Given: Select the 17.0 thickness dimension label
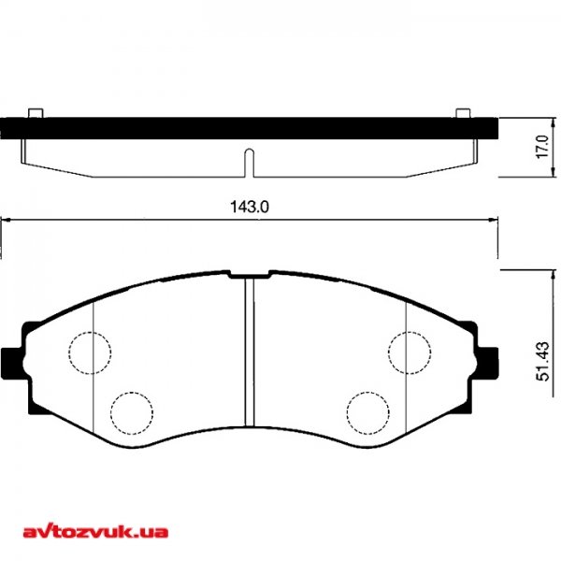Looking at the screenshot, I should click(539, 148).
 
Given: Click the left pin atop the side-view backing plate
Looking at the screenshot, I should click(36, 113).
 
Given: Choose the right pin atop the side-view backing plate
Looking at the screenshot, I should click(462, 113).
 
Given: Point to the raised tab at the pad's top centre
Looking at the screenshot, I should click(250, 274).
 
